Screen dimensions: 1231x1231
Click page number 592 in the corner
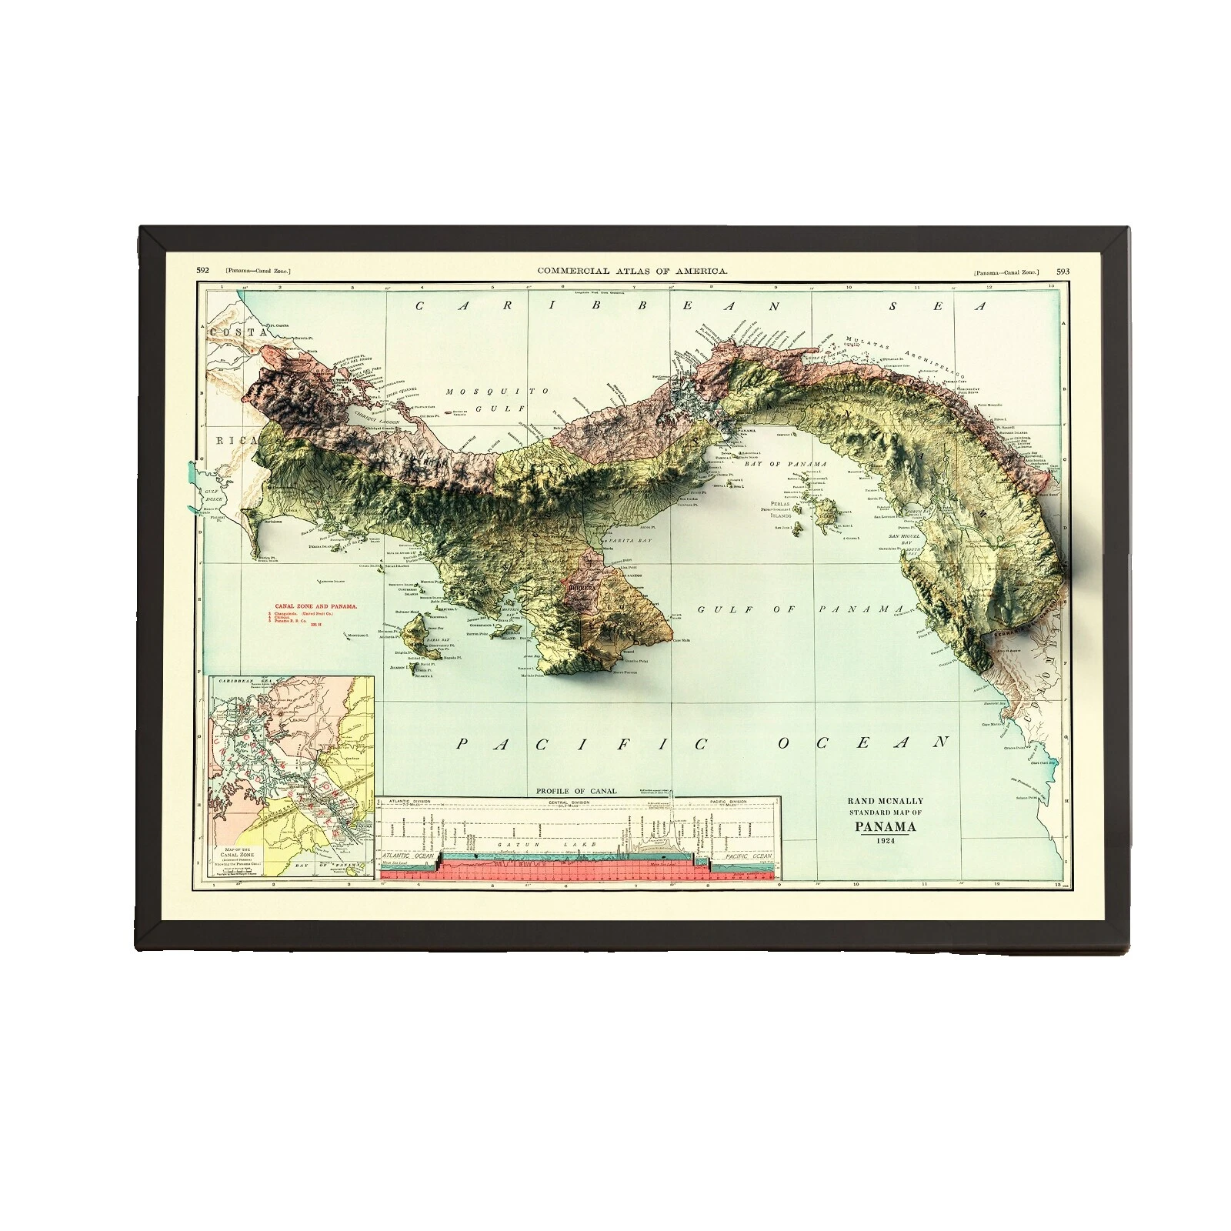click(203, 271)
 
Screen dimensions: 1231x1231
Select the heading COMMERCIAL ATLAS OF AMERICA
click(632, 271)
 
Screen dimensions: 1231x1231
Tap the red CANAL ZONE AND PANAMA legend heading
click(312, 606)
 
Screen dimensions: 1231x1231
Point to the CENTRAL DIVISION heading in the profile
click(569, 802)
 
